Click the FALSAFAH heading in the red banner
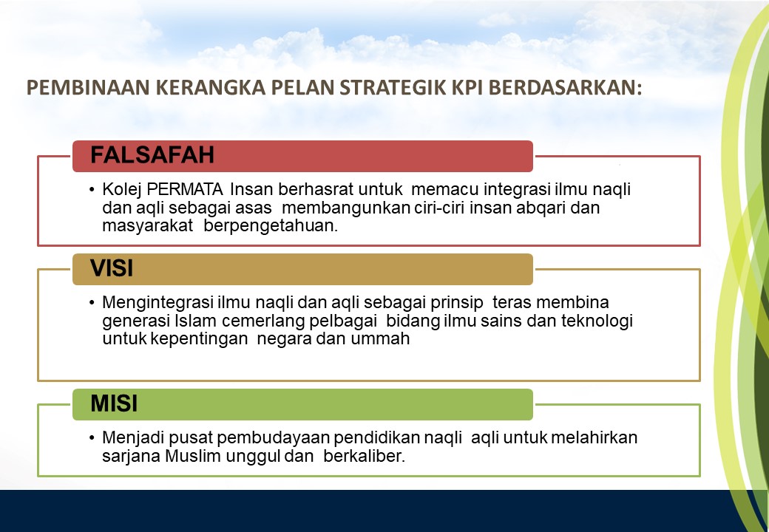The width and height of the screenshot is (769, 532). tap(152, 155)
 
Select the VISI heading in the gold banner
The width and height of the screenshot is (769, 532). tap(112, 268)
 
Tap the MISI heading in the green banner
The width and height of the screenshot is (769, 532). tap(114, 403)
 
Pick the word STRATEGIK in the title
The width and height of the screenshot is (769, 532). tap(393, 87)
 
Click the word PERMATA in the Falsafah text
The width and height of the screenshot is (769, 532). tap(184, 189)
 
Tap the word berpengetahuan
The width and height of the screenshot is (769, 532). tap(271, 226)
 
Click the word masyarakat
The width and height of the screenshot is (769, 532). tap(148, 226)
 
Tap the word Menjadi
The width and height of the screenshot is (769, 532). tap(132, 438)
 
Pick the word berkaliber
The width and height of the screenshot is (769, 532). tap(364, 456)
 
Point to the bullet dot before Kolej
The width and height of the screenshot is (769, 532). tap(92, 190)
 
